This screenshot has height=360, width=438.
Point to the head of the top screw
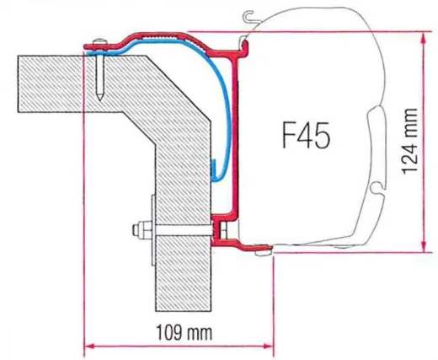click(x=99, y=43)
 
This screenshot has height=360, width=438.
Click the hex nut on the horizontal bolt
click(x=135, y=228)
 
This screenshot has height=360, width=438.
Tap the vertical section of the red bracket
click(x=238, y=135)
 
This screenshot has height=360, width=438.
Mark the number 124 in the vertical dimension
click(x=409, y=152)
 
